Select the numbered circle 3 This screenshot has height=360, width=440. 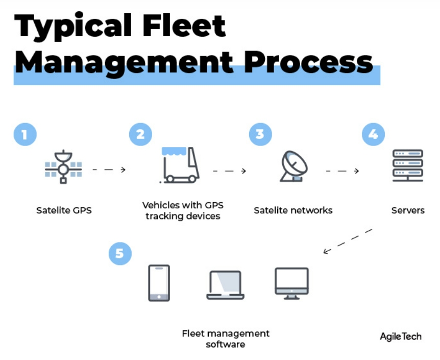click(260, 134)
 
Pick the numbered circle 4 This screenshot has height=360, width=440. click(373, 134)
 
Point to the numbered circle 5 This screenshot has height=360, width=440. click(120, 254)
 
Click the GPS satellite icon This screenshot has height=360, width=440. click(63, 166)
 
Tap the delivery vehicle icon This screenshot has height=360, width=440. click(179, 165)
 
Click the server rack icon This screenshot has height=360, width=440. click(407, 165)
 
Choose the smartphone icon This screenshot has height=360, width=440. click(159, 283)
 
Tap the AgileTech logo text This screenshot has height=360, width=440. click(401, 337)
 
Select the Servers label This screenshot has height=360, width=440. click(408, 210)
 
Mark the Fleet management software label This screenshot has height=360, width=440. click(226, 339)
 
